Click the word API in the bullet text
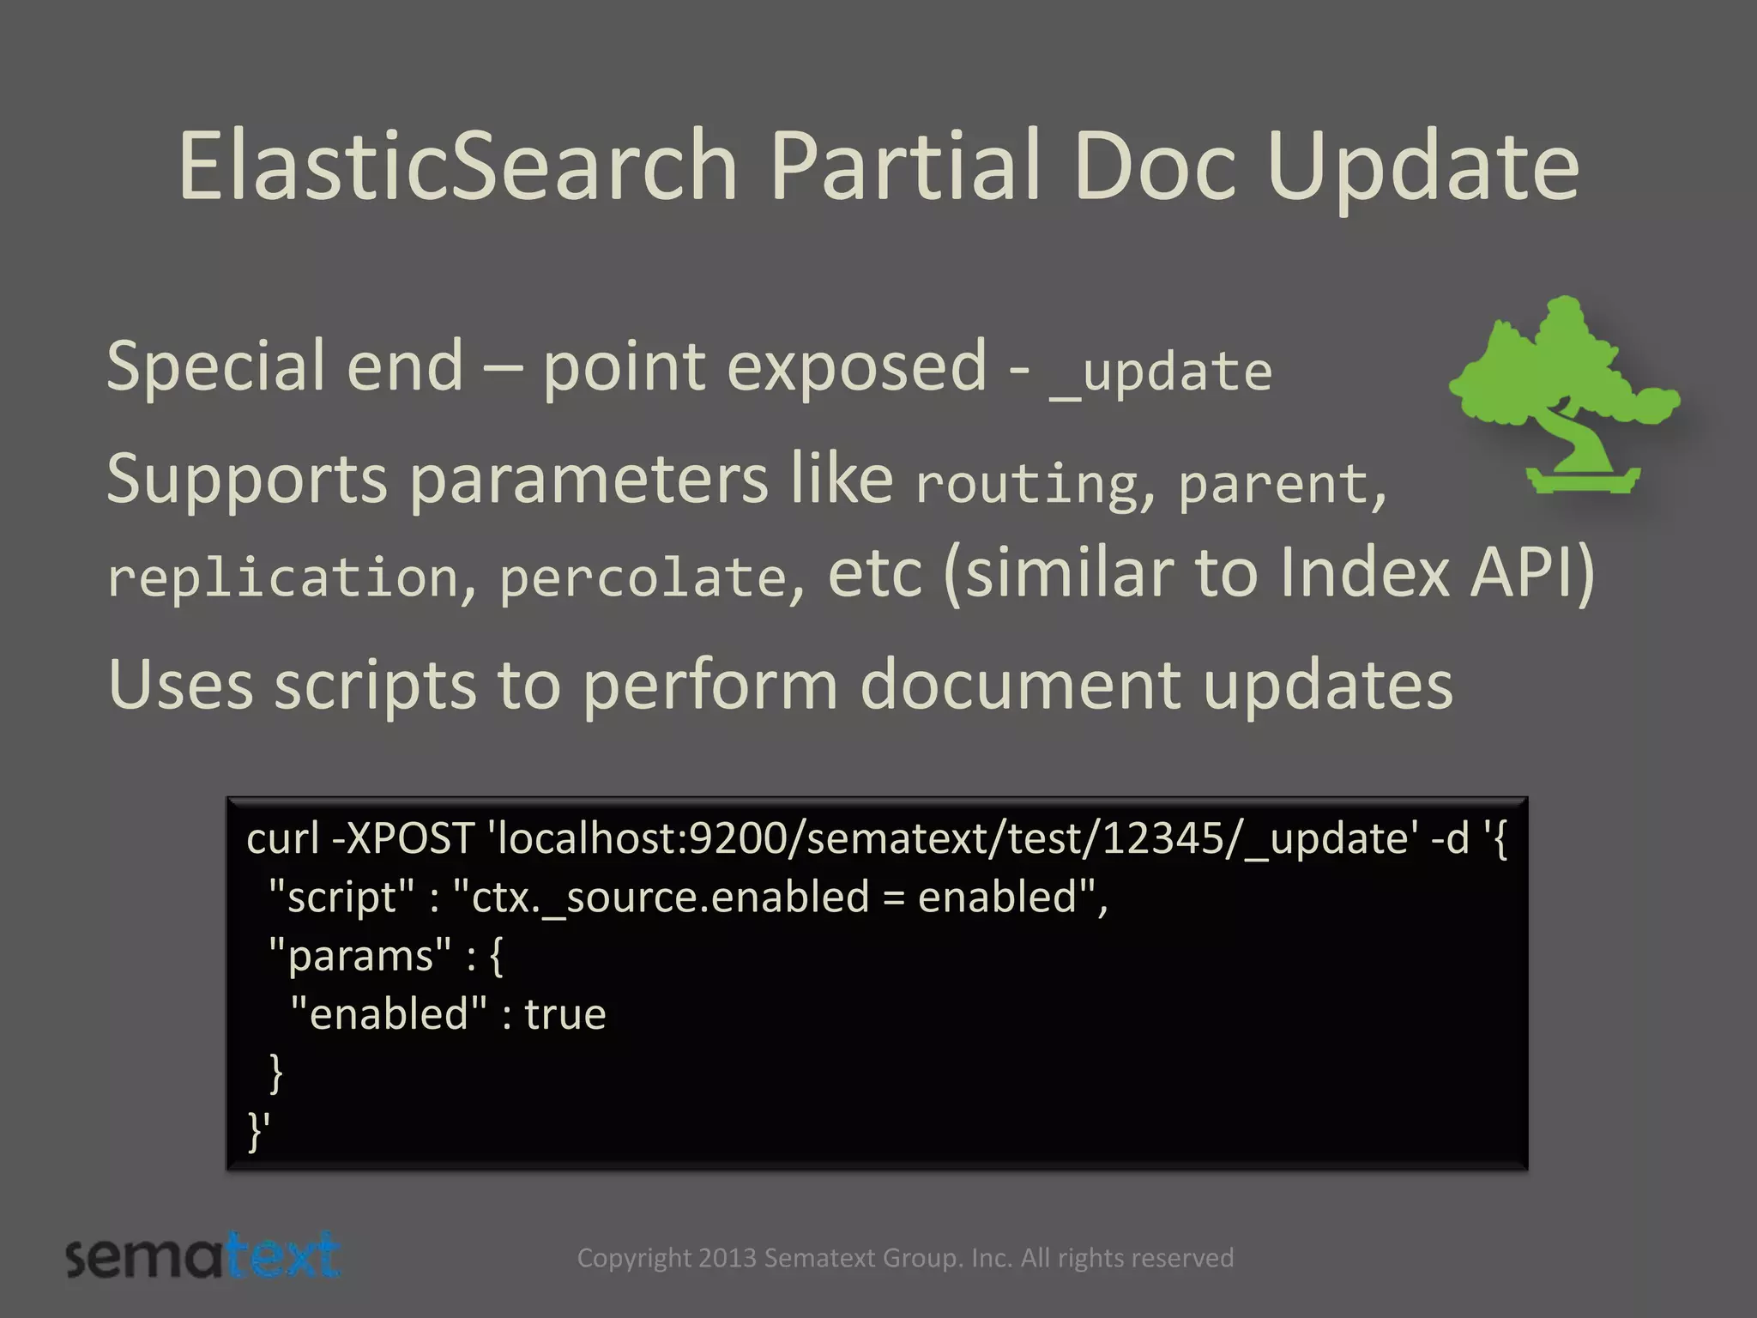(x=1531, y=572)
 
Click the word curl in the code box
(x=282, y=838)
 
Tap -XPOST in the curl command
(x=403, y=838)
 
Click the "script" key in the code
(x=342, y=898)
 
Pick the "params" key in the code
(x=360, y=956)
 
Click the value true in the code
(x=565, y=1015)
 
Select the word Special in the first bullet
(x=215, y=367)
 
